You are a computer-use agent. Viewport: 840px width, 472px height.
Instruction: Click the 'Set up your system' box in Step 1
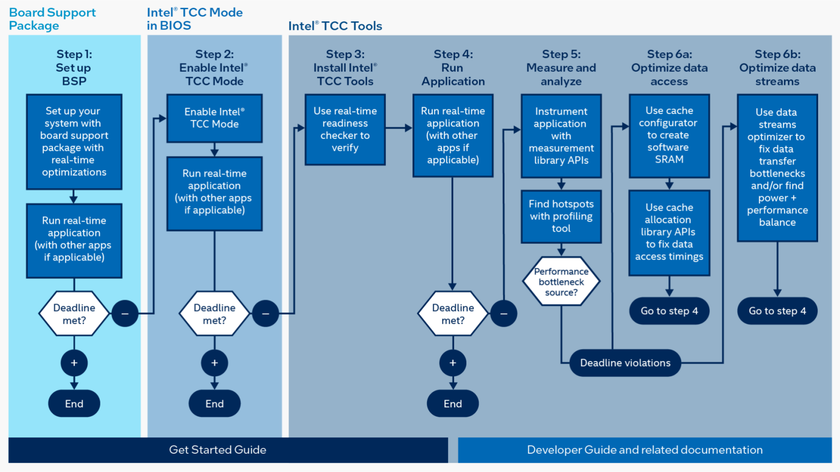point(74,142)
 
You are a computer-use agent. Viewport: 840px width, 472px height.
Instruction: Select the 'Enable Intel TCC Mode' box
point(215,118)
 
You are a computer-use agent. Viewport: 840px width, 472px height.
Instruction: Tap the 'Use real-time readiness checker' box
point(345,129)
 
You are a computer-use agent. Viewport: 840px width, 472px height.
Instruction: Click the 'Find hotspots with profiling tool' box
point(561,216)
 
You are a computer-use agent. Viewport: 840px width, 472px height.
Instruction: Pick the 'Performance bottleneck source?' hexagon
point(561,282)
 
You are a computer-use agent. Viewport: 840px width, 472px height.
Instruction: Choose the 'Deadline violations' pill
point(625,363)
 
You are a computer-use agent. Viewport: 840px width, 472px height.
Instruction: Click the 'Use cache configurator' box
point(669,135)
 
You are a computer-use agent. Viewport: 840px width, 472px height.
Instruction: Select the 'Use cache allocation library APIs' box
point(669,233)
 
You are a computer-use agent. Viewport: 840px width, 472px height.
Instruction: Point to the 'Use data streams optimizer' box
point(777,168)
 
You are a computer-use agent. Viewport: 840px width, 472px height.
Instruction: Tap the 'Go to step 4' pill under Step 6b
point(777,311)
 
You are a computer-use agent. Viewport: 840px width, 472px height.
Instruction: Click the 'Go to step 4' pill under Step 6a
point(669,311)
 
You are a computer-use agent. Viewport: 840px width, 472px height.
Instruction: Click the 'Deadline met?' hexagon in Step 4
point(453,314)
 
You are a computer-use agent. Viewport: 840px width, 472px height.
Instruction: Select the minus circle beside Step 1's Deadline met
point(125,314)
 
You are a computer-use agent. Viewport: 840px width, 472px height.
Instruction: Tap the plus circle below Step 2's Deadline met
point(215,363)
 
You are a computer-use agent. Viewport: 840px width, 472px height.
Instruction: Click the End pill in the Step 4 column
point(453,404)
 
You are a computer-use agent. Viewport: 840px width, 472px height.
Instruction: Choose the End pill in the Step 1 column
point(74,404)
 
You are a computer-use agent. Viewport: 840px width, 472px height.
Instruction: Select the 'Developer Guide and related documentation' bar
point(645,450)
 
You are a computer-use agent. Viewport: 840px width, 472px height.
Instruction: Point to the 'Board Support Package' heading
point(52,19)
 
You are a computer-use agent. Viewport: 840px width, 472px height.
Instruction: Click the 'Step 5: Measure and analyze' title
point(561,68)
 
